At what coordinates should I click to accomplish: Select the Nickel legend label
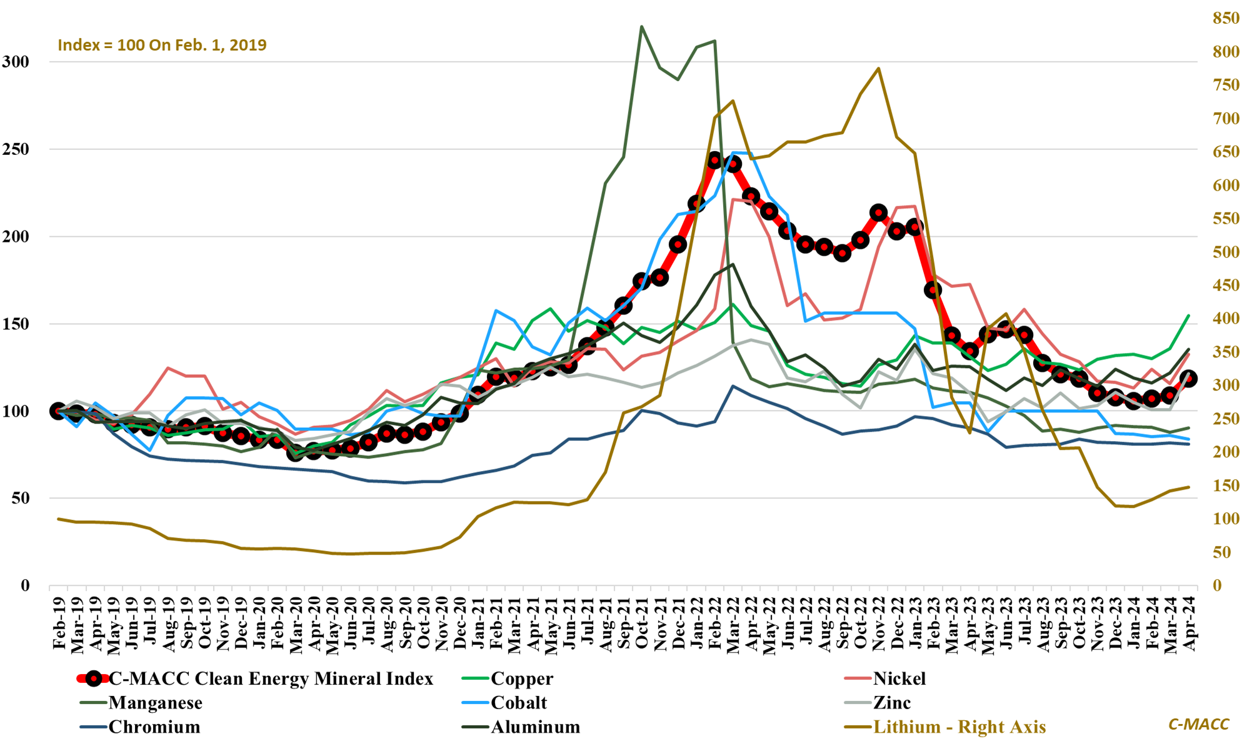pyautogui.click(x=899, y=678)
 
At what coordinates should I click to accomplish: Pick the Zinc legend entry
pyautogui.click(x=891, y=703)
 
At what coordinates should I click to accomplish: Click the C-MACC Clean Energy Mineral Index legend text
pyautogui.click(x=271, y=678)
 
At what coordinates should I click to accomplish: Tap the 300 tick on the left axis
pyautogui.click(x=16, y=62)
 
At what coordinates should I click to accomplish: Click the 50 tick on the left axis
pyautogui.click(x=21, y=498)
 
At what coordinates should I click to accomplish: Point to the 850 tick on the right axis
pyautogui.click(x=1226, y=19)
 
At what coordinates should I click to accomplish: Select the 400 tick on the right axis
pyautogui.click(x=1226, y=319)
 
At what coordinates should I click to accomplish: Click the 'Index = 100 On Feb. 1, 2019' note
pyautogui.click(x=162, y=45)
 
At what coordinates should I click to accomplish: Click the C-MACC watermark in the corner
pyautogui.click(x=1198, y=724)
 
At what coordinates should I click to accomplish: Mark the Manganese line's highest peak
pyautogui.click(x=642, y=27)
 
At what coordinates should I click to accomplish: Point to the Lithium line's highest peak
pyautogui.click(x=879, y=69)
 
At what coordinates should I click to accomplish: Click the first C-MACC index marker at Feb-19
pyautogui.click(x=58, y=411)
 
